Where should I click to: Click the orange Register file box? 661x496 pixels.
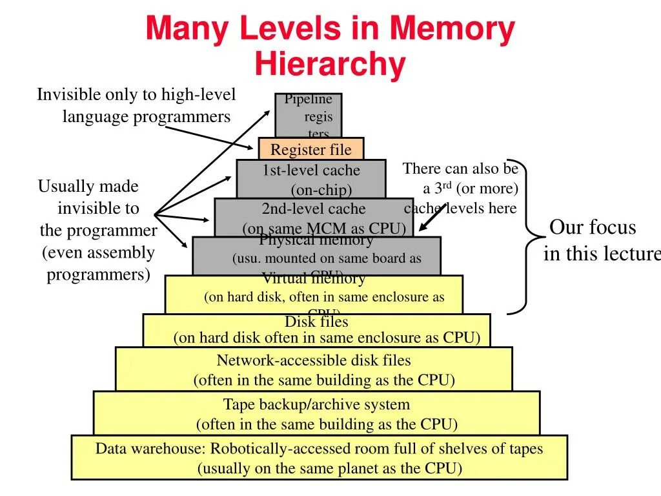(310, 149)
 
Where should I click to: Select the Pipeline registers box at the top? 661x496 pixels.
(309, 115)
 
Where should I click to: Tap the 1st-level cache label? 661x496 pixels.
(311, 170)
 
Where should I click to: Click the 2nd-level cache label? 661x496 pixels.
(314, 209)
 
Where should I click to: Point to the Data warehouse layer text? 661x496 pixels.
(319, 448)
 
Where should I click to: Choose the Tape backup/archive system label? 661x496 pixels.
(316, 405)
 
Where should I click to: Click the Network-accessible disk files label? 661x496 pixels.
(314, 360)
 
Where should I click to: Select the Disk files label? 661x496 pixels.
(316, 322)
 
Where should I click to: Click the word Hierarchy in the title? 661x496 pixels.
(330, 65)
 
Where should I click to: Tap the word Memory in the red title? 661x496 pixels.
(451, 29)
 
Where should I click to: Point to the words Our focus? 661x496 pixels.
(593, 228)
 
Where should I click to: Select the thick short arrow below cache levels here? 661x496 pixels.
(432, 217)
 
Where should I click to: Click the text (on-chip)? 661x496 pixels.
(321, 190)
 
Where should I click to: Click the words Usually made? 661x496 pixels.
(88, 187)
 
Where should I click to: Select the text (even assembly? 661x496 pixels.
(99, 253)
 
